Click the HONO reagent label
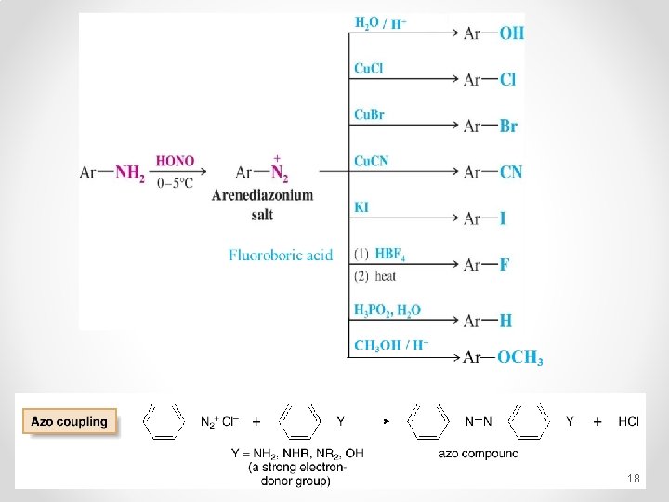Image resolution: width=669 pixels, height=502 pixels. pos(175,161)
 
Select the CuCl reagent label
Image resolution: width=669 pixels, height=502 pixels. pos(369,68)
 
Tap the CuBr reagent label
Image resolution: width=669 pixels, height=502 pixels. pos(369,114)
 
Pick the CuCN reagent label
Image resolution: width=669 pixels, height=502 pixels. pos(371,161)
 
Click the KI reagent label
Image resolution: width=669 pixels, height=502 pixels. pos(361,206)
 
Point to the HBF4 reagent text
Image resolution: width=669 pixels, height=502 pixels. pos(389,254)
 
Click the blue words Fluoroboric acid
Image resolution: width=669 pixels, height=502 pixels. pos(281,255)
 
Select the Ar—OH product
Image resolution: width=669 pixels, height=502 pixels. pos(493,33)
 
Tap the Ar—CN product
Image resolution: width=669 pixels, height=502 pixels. pos(492,172)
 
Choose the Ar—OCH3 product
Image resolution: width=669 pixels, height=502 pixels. pos(503,358)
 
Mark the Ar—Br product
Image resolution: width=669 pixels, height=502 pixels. pos(491,125)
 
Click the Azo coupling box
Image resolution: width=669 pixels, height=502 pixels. pos(70,422)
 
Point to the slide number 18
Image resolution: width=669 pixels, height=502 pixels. pos(634,478)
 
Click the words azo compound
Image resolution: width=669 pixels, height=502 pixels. pos(479,454)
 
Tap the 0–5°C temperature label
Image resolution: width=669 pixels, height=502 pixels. pos(175,183)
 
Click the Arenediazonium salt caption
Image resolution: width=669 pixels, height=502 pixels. pos(262,205)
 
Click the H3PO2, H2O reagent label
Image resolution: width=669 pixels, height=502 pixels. pos(387,310)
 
